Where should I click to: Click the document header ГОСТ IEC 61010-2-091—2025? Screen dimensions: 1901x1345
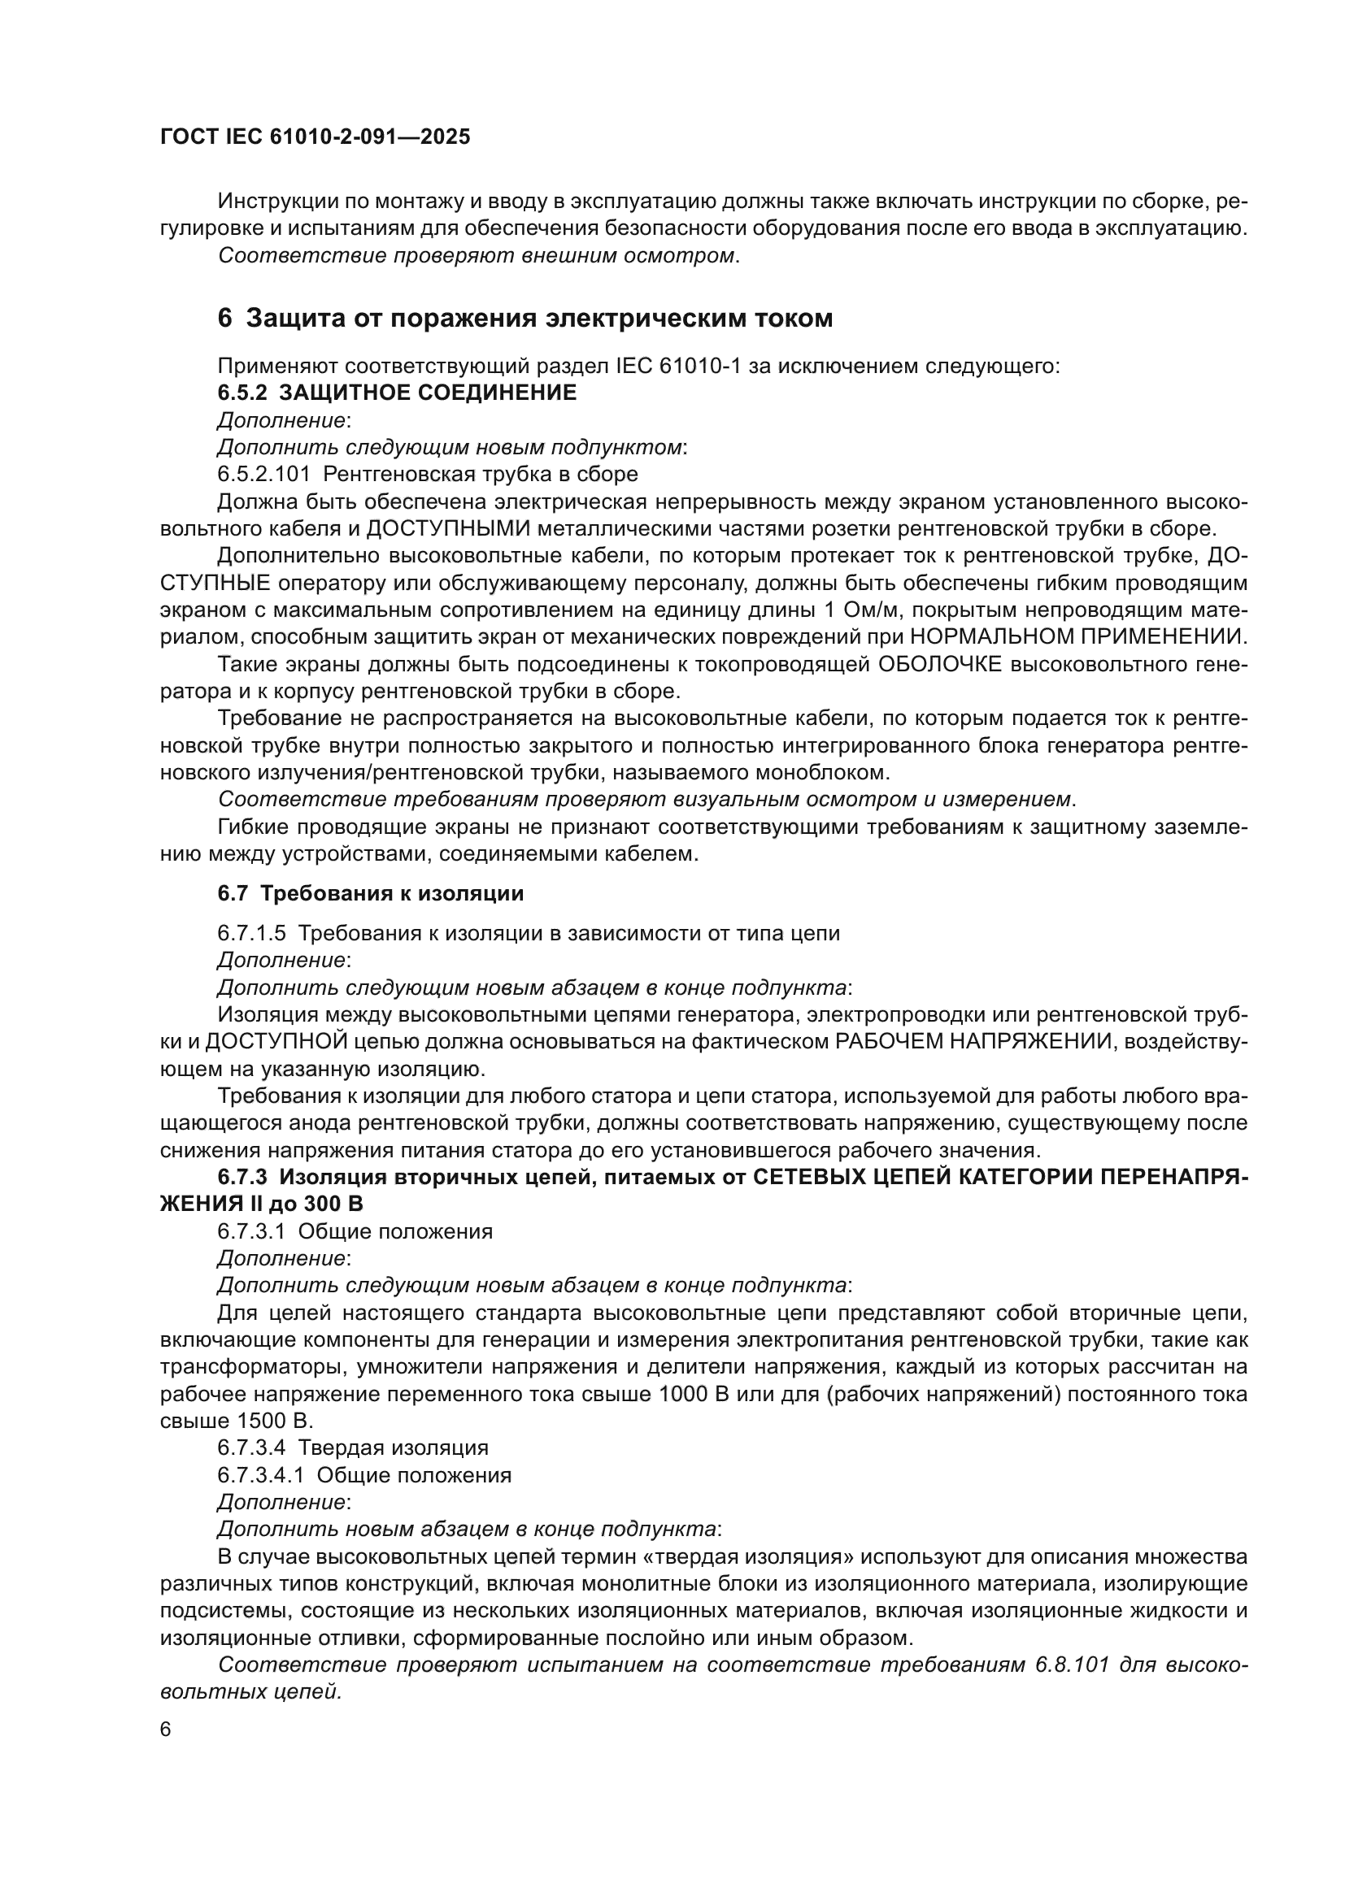coord(315,137)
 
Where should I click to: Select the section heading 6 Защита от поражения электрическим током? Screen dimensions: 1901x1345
coord(525,318)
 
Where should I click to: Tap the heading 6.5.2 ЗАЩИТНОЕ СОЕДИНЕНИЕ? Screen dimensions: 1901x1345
coord(397,393)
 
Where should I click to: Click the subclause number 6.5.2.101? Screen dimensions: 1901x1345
coord(263,475)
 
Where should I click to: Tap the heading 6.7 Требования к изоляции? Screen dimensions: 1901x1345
coord(370,894)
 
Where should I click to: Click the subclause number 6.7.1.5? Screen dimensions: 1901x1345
coord(252,933)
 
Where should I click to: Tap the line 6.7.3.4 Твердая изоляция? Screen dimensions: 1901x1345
coord(353,1448)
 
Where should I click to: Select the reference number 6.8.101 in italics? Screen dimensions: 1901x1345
coord(1072,1665)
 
